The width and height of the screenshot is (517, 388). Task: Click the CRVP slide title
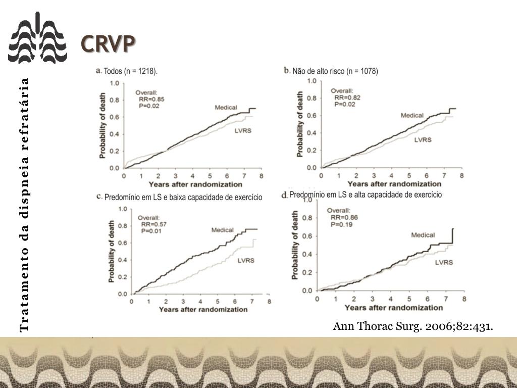click(x=108, y=44)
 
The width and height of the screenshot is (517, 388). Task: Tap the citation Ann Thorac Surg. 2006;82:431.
click(x=412, y=326)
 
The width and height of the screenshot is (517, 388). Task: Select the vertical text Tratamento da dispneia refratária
click(x=24, y=205)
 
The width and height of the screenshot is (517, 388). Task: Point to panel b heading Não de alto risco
click(x=335, y=71)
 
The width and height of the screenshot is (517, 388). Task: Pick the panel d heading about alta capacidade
click(x=366, y=195)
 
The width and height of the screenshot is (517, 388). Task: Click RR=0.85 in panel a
click(x=151, y=100)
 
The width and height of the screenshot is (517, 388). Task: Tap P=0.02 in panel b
click(x=345, y=104)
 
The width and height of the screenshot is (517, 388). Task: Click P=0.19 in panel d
click(x=341, y=224)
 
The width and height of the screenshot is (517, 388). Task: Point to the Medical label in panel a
click(x=226, y=107)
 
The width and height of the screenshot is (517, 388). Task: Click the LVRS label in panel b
click(x=423, y=140)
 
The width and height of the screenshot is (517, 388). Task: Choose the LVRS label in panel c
click(x=246, y=261)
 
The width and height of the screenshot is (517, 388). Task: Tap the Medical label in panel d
click(x=423, y=235)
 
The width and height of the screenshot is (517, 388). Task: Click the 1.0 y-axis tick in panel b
click(x=311, y=81)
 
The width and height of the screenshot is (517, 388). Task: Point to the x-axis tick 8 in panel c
click(x=269, y=302)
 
